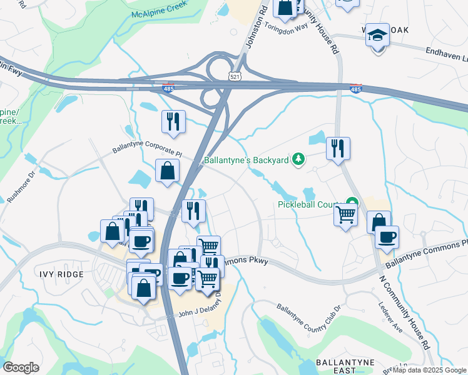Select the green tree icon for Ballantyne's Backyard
click(299, 160)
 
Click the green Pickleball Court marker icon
click(353, 202)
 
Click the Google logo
click(21, 367)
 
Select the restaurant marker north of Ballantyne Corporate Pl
click(173, 121)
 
